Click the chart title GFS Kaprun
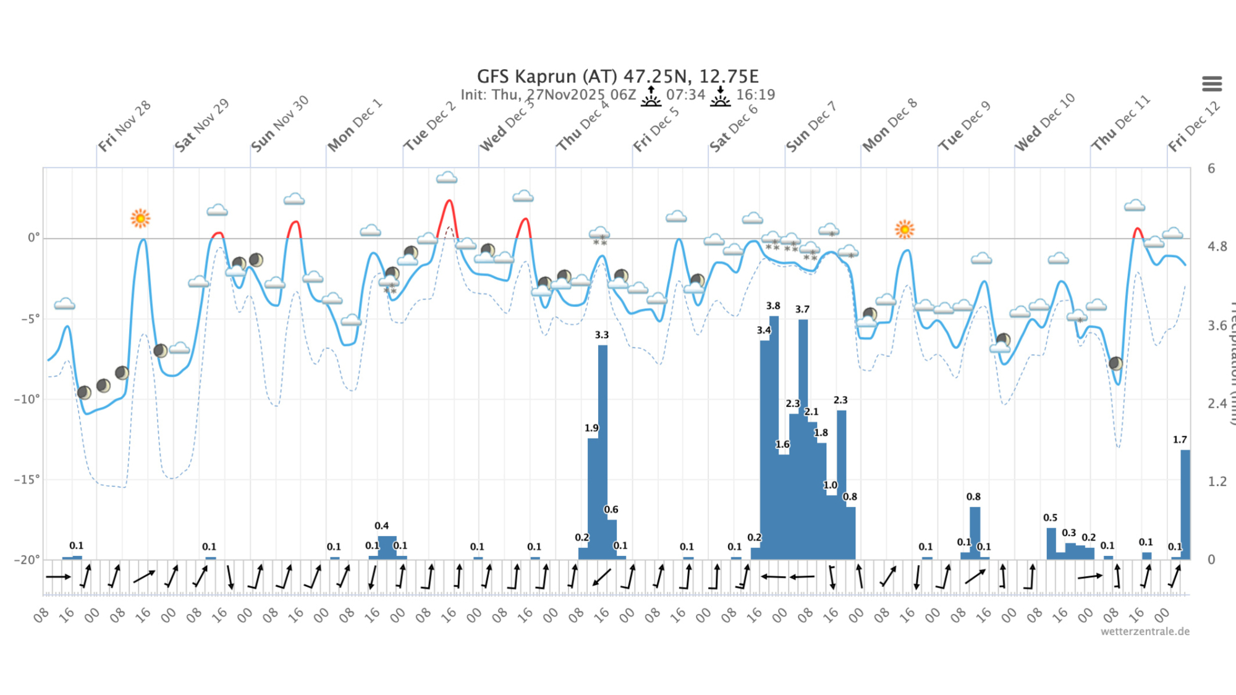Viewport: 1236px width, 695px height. click(x=617, y=77)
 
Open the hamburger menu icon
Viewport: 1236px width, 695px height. click(x=1211, y=83)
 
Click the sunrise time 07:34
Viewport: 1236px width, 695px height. click(x=685, y=95)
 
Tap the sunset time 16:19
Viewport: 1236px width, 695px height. click(x=755, y=95)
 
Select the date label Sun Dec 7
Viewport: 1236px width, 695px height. click(x=811, y=127)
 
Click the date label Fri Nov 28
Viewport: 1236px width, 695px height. click(x=124, y=127)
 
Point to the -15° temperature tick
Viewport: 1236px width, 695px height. click(x=27, y=479)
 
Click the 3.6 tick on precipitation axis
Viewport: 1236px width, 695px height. click(x=1217, y=326)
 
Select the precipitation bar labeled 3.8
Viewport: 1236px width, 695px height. click(x=774, y=432)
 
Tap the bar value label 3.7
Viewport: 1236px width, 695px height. click(x=802, y=310)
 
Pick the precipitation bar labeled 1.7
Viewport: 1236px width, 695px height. click(x=1185, y=503)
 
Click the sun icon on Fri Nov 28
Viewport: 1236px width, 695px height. click(x=140, y=218)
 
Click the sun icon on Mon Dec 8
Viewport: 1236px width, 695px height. click(x=904, y=229)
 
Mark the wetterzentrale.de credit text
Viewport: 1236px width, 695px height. click(x=1145, y=631)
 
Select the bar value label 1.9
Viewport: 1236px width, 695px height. click(x=591, y=428)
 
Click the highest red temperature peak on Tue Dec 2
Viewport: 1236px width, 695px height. click(x=449, y=201)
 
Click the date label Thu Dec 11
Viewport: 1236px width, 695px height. click(x=1120, y=124)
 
